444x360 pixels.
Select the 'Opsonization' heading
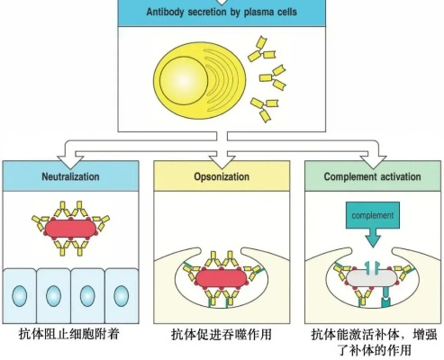click(x=221, y=176)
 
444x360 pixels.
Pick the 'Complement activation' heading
click(x=372, y=176)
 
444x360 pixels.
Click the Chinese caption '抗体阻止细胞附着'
click(x=69, y=335)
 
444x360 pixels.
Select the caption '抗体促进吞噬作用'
click(x=222, y=335)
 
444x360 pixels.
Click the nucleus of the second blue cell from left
click(x=53, y=294)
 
